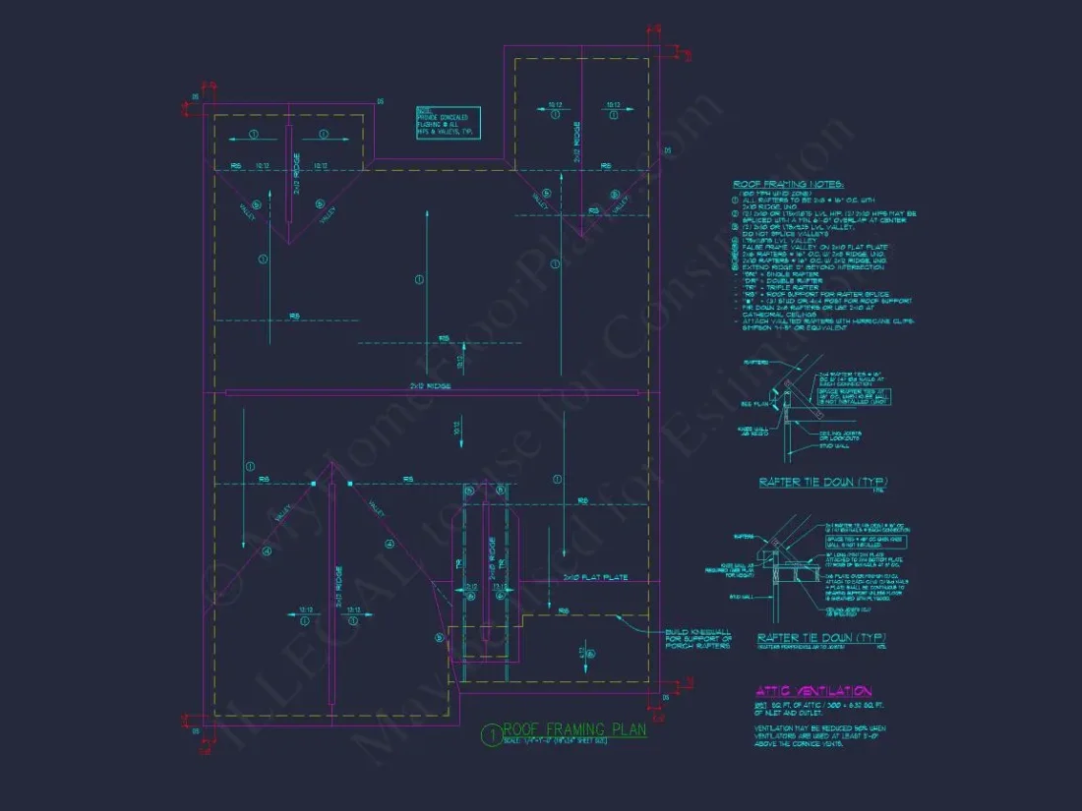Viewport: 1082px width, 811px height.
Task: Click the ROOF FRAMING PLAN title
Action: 574,729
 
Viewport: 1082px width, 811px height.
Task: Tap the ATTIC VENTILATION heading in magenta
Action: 813,692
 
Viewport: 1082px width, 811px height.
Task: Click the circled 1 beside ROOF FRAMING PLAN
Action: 491,733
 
